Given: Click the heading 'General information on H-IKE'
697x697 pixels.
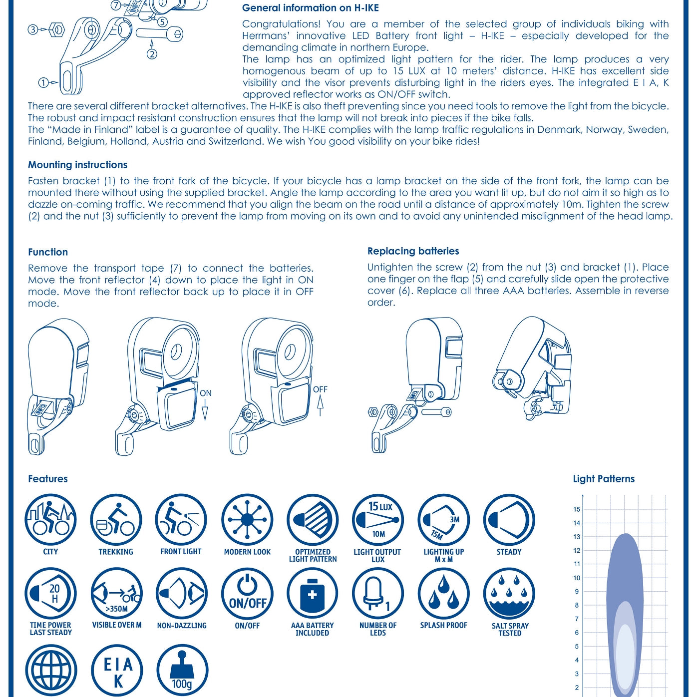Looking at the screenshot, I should click(310, 8).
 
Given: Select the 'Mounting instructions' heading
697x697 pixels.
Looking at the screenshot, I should click(77, 165).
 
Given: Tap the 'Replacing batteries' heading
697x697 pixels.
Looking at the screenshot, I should click(413, 251).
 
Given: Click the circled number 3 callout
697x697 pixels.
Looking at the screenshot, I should click(33, 29).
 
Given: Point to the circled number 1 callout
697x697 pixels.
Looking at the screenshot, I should click(43, 83).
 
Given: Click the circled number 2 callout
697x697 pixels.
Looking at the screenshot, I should click(152, 54).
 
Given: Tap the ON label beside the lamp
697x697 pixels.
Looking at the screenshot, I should click(206, 393).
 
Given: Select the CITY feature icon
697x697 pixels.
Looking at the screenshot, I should click(50, 520).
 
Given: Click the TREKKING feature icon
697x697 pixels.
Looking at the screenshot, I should click(116, 520).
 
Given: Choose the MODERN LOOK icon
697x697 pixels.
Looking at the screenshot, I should click(247, 520).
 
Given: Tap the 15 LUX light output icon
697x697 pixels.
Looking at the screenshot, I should click(378, 520).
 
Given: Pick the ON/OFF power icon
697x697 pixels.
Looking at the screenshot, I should click(247, 594).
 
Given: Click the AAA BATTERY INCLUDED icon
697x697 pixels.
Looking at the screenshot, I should click(313, 594).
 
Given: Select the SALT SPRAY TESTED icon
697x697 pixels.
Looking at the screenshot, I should click(509, 594).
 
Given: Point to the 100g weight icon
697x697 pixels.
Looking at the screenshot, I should click(182, 671).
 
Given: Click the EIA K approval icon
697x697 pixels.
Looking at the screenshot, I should click(117, 671).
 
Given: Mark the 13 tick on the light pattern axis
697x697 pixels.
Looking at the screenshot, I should click(577, 537).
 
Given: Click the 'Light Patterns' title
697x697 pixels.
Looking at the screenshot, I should click(604, 479).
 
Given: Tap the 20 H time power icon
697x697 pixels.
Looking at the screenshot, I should click(50, 594).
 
